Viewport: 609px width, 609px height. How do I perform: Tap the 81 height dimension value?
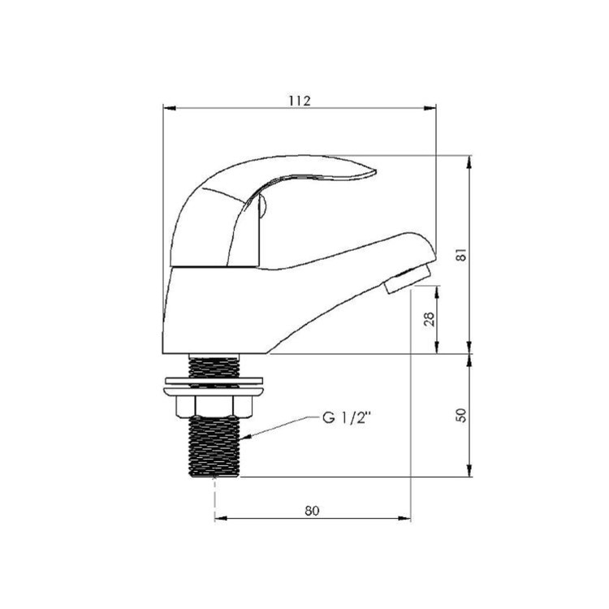461,253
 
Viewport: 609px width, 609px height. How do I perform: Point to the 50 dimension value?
461,415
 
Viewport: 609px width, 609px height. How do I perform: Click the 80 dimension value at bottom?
312,511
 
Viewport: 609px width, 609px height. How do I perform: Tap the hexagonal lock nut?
215,405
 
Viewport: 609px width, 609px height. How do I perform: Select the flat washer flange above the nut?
214,382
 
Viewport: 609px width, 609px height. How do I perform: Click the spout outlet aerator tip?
406,279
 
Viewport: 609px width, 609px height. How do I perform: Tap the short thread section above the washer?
215,364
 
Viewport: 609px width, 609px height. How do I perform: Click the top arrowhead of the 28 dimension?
438,288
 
